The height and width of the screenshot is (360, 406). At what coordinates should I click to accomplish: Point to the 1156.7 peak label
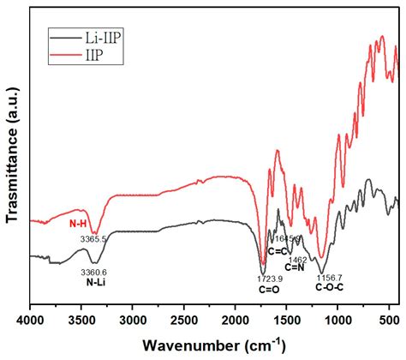(328, 278)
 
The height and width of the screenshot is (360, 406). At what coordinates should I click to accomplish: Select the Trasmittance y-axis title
(12, 159)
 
